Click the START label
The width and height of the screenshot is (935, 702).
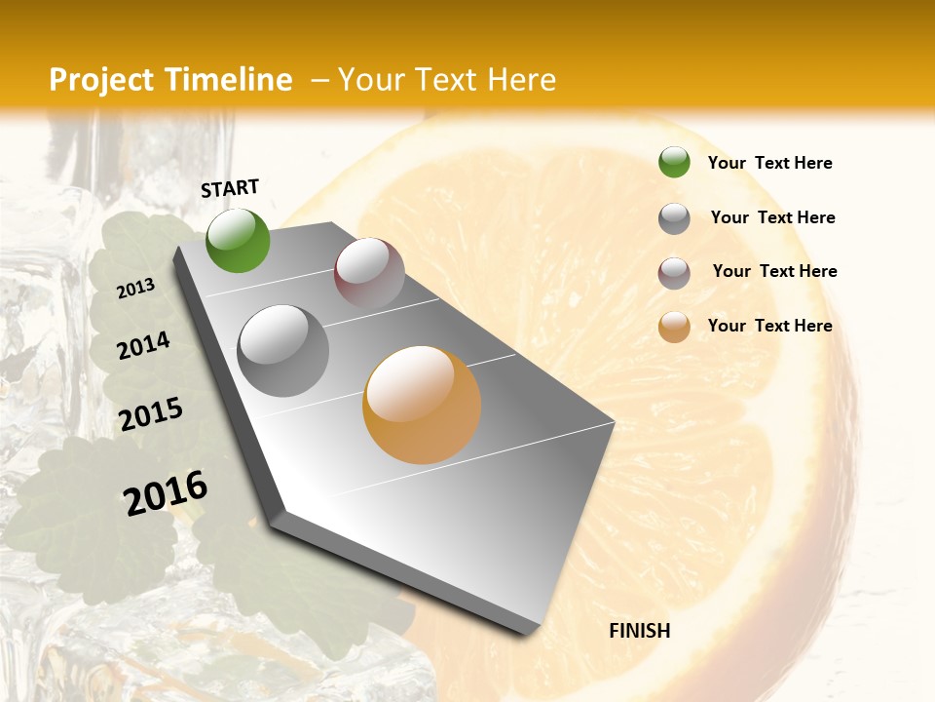click(x=230, y=188)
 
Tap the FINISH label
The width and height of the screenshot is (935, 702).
click(x=639, y=631)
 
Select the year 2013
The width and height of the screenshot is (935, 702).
click(x=135, y=289)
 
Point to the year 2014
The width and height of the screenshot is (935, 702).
click(x=143, y=346)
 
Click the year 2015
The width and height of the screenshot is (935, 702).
click(x=151, y=414)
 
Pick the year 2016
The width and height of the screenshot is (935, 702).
click(x=166, y=492)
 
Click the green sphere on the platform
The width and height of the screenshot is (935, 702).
click(x=238, y=240)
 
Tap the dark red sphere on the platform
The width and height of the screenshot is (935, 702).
click(x=369, y=273)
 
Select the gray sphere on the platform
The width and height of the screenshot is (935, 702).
click(x=283, y=351)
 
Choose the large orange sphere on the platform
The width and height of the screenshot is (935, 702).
click(x=422, y=405)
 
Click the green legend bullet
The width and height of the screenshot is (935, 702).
click(x=674, y=163)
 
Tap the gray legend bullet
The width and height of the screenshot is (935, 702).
click(x=674, y=218)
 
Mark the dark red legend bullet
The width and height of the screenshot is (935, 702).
click(x=674, y=273)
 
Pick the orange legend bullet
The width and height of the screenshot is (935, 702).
click(x=674, y=327)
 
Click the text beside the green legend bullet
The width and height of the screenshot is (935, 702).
click(x=769, y=164)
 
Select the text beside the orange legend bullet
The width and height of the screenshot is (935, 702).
click(x=769, y=326)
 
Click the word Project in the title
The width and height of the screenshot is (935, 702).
click(x=100, y=80)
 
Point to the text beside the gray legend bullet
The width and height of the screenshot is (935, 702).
click(x=772, y=217)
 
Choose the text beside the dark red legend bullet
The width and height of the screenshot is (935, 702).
click(x=774, y=271)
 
